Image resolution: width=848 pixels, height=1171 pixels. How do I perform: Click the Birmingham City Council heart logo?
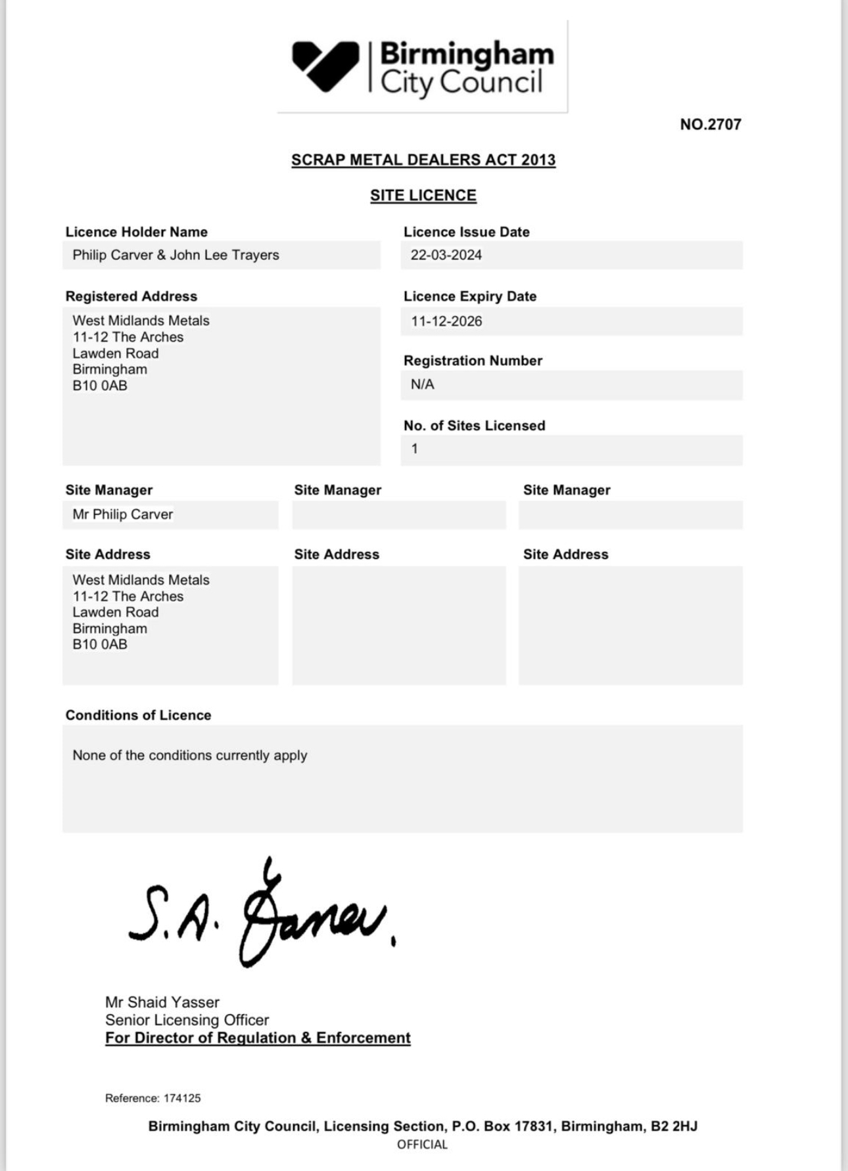(x=325, y=66)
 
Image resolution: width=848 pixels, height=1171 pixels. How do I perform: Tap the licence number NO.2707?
(x=710, y=125)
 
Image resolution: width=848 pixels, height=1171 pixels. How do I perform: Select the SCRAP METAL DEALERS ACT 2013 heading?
(x=423, y=160)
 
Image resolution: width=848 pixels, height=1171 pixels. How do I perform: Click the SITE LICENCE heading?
(x=423, y=196)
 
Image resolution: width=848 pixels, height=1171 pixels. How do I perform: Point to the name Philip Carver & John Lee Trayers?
(x=176, y=255)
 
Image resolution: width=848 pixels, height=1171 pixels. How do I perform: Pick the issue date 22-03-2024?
(x=446, y=255)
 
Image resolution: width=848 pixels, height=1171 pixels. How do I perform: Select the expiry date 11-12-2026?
(x=446, y=322)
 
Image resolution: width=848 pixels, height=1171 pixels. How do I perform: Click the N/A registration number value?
(x=422, y=385)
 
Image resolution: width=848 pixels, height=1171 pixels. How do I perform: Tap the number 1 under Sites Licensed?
(x=415, y=449)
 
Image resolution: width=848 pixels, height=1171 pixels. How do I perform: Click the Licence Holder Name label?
(x=136, y=232)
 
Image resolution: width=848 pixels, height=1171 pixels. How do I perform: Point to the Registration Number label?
(x=473, y=361)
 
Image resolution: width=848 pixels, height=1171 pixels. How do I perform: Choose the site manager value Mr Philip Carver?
(x=122, y=515)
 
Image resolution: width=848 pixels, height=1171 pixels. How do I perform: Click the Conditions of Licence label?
(x=138, y=715)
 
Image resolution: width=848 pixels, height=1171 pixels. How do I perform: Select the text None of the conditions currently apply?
(x=189, y=756)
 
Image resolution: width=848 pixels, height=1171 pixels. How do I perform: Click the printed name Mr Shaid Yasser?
(x=162, y=1002)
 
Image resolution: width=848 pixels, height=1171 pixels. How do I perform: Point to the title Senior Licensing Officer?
(x=187, y=1020)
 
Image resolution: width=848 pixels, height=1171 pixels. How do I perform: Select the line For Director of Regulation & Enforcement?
(x=258, y=1038)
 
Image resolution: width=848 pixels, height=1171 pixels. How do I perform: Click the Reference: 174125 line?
(x=153, y=1098)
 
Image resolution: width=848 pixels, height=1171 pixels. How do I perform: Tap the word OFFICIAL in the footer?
(x=422, y=1145)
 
